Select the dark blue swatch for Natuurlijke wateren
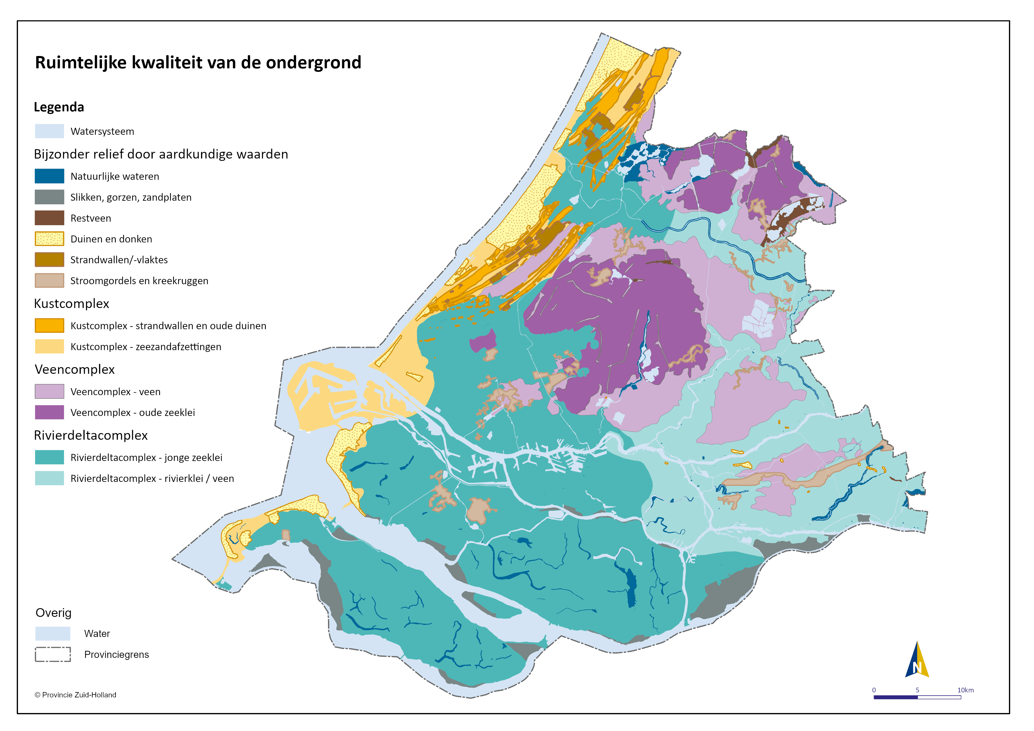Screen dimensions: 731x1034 pos(50,176)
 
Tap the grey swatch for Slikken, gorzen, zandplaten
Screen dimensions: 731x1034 pos(50,197)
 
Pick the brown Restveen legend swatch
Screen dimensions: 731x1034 pos(50,218)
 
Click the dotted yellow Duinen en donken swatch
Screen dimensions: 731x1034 pos(50,239)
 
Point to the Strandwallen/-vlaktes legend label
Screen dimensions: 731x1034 pos(119,260)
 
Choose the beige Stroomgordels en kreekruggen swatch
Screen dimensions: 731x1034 pos(50,281)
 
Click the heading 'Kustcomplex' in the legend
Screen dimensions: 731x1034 pos(72,304)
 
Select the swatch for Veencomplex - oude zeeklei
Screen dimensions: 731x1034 pos(50,412)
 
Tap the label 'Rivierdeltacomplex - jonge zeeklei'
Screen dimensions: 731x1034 pos(146,457)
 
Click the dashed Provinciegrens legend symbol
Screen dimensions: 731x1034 pos(53,654)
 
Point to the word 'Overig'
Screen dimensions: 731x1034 pos(54,613)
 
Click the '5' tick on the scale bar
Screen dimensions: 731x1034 pos(917,690)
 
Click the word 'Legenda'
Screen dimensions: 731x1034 pos(59,107)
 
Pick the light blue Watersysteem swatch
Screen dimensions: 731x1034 pos(50,131)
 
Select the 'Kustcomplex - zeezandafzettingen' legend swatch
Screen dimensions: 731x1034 pos(50,346)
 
